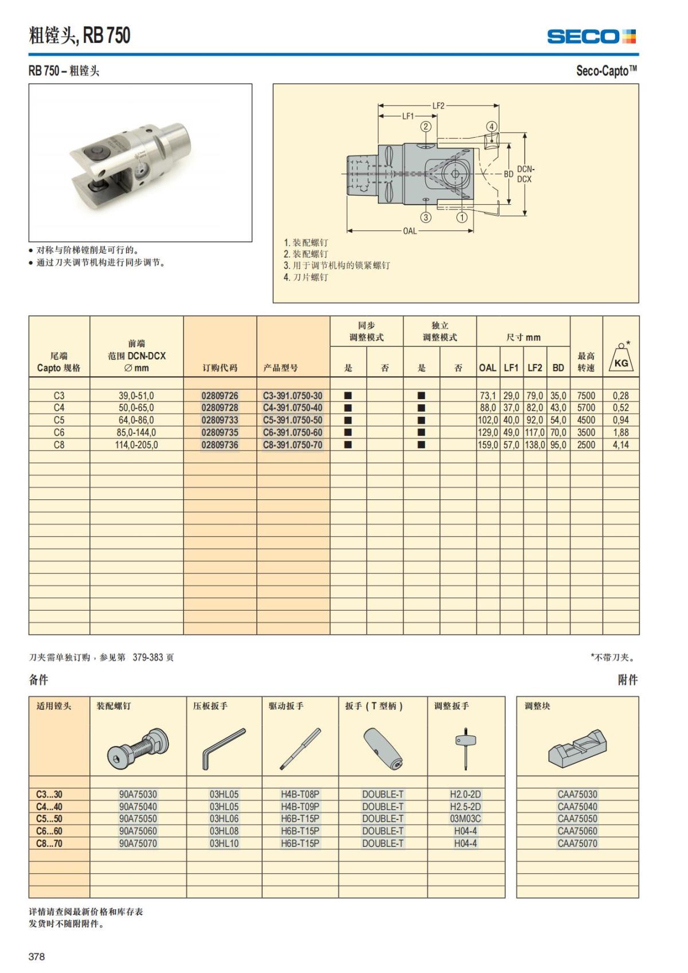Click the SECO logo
(x=591, y=37)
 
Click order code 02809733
(x=220, y=420)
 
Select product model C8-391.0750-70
(x=292, y=445)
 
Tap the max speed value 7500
(x=586, y=396)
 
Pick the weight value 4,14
(x=620, y=445)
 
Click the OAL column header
(x=487, y=368)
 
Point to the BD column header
(x=558, y=368)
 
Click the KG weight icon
(x=621, y=358)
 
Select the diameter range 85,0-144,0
(x=136, y=433)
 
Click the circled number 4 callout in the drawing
(x=491, y=127)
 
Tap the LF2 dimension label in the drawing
(x=438, y=105)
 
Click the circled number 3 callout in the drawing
(x=426, y=217)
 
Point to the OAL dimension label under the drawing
(x=410, y=231)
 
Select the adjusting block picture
(x=577, y=748)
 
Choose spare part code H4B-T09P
(x=300, y=807)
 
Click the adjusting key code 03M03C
(x=465, y=819)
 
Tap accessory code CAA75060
(x=577, y=831)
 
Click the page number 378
(x=37, y=956)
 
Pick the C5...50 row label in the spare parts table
(x=49, y=819)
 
